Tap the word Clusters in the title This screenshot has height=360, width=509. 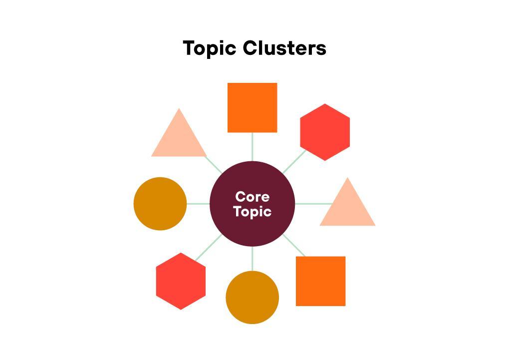coord(284,48)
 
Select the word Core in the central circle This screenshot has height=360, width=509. coord(252,197)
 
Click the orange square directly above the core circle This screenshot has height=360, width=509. coord(252,108)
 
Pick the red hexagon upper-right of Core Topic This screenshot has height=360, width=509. coord(325,132)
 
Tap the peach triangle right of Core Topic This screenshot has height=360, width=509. coord(347,207)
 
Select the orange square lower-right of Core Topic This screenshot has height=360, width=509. coord(320,281)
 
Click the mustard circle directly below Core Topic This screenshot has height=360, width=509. coord(252,298)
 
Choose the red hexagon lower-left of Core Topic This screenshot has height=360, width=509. coord(181,281)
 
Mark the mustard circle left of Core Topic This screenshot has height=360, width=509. coord(160,204)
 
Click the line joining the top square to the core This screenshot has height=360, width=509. coord(252,147)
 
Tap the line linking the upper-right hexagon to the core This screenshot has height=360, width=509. coord(294,162)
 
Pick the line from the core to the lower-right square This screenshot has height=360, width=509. coord(294,245)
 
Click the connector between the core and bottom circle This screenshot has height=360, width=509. coord(252,259)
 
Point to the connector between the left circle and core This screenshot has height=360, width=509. coord(198,204)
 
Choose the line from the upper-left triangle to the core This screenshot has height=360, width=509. coord(214,164)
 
